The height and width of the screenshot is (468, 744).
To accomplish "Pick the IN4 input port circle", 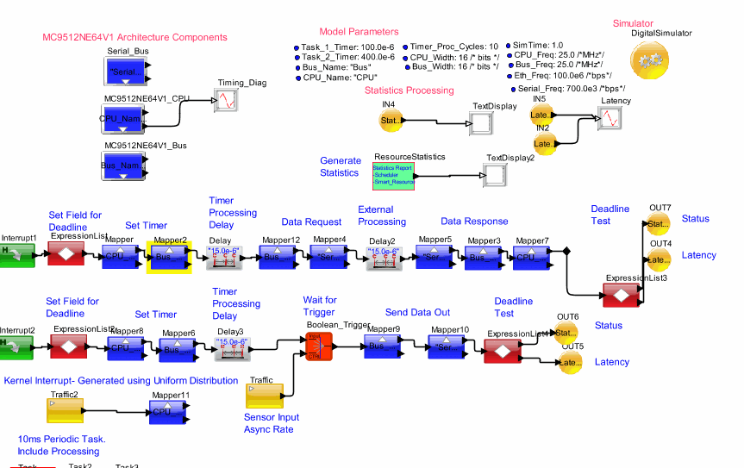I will (x=389, y=122).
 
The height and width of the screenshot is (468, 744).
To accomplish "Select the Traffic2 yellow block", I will (x=64, y=411).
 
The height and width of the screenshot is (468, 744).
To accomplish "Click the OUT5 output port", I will (x=572, y=363).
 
